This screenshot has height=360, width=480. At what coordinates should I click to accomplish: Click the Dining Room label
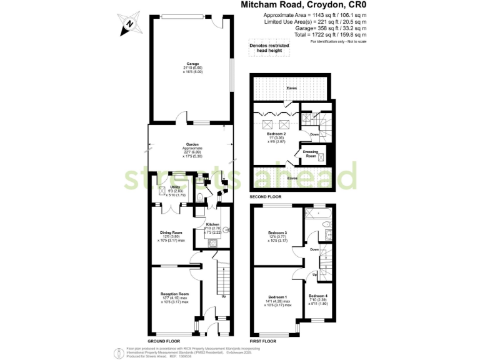coord(170,232)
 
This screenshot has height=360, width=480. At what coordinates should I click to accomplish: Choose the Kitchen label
coord(213,224)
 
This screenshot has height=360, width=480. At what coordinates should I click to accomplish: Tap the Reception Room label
coord(175,294)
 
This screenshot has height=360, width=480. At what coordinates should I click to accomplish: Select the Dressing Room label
coord(311,152)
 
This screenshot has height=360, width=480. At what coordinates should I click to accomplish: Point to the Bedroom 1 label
coord(277,296)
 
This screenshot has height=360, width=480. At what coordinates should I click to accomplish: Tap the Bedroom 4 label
coord(317,296)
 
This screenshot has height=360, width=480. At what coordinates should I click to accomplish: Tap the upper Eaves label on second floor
coord(291,88)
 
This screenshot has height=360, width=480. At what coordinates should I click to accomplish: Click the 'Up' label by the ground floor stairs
coord(224,296)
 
